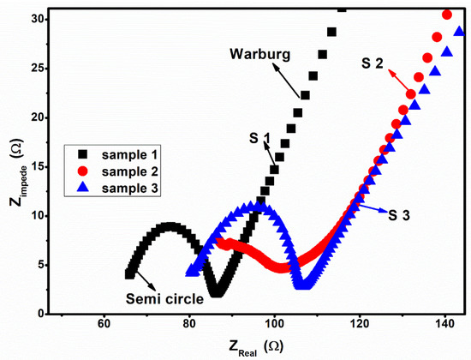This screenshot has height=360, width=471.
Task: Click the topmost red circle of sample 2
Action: point(446,15)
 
